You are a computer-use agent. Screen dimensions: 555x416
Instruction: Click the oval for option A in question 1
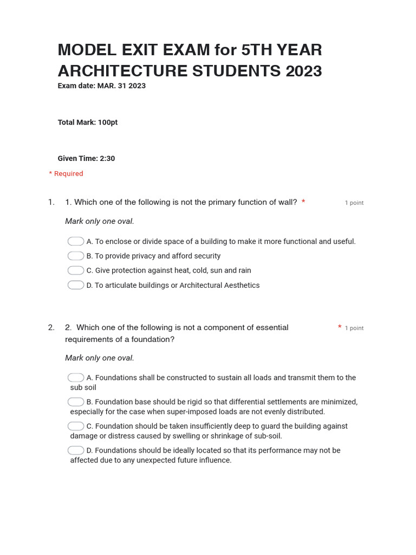pos(76,241)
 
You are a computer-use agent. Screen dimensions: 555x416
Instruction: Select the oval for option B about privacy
pos(76,256)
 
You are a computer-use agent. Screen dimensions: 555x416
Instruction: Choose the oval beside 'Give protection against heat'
pos(76,270)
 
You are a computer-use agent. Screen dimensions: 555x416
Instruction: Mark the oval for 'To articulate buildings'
pos(76,285)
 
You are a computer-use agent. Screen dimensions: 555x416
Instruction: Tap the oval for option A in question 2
pos(76,377)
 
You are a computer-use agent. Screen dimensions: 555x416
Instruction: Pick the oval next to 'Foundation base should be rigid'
pos(76,402)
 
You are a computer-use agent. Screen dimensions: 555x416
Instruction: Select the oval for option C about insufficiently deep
pos(76,426)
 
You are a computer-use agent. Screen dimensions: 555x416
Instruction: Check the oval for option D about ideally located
pos(76,450)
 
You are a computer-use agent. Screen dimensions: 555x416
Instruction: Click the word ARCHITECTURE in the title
pos(122,71)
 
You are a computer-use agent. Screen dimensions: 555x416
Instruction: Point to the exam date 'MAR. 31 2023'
pos(121,86)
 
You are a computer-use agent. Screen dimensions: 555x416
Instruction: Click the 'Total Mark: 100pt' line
pos(88,122)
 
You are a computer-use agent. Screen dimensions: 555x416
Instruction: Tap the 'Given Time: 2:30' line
pos(86,159)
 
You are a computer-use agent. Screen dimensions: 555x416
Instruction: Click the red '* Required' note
pos(66,173)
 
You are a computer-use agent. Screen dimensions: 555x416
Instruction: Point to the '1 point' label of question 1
pos(354,203)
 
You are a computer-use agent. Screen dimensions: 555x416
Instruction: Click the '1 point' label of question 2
pos(354,328)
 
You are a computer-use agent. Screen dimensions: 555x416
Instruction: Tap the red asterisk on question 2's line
pos(340,327)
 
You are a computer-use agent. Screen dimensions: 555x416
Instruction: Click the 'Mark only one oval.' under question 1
pos(100,221)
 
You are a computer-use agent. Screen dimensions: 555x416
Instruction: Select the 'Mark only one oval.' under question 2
pos(100,358)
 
